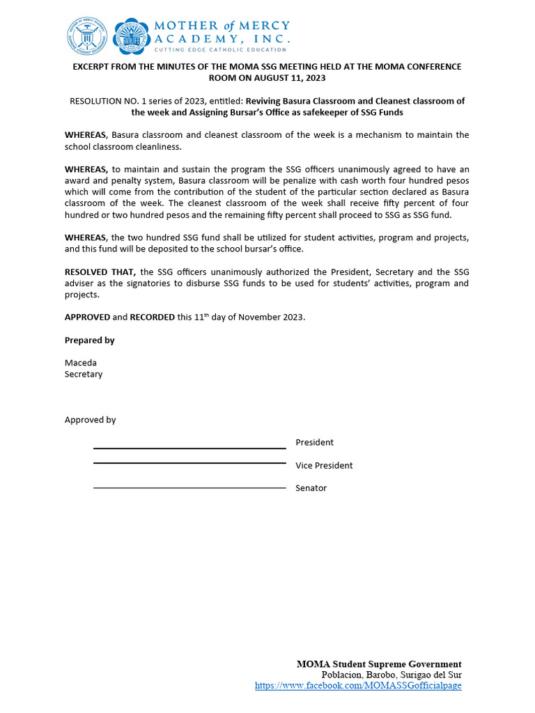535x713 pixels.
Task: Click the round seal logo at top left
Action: click(88, 36)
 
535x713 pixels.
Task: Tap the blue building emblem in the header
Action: click(131, 36)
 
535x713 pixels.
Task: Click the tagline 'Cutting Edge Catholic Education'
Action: click(220, 49)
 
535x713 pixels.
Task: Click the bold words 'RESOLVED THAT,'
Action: click(100, 272)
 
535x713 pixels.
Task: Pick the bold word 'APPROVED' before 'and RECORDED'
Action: click(87, 317)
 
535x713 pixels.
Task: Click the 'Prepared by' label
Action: click(89, 340)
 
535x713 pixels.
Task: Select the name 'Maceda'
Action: click(81, 363)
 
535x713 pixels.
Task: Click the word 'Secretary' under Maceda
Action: click(84, 374)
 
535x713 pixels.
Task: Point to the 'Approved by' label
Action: click(90, 420)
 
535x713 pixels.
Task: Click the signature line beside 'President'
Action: click(189, 448)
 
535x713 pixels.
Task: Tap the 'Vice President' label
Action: click(324, 465)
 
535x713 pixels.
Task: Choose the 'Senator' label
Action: click(311, 488)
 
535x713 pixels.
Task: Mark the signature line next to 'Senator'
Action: click(189, 488)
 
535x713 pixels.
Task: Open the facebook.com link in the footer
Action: click(358, 685)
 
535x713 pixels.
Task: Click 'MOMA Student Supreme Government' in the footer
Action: click(379, 664)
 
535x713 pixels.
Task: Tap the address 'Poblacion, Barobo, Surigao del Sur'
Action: click(391, 675)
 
